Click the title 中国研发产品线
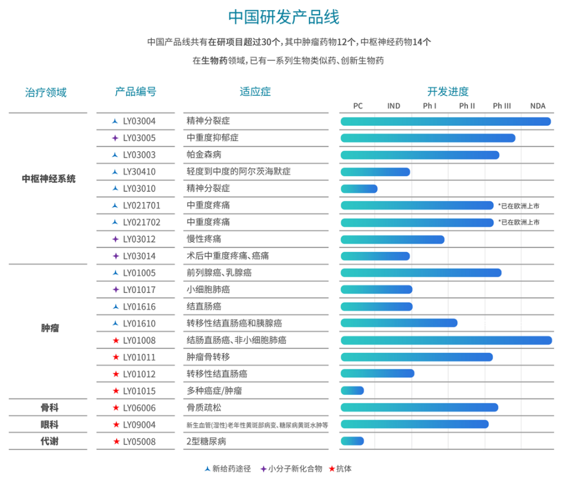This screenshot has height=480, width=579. (x=284, y=17)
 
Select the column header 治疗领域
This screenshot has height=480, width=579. (x=46, y=92)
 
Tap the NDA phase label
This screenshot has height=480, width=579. (x=537, y=106)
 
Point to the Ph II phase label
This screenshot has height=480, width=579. (x=467, y=106)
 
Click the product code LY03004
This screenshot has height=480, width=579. (x=139, y=121)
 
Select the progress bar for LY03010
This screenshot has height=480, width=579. (x=359, y=189)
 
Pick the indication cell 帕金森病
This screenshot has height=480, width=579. (x=204, y=155)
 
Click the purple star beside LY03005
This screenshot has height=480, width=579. (x=115, y=138)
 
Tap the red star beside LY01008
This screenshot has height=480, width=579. (x=116, y=341)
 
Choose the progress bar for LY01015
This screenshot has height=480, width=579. (x=352, y=391)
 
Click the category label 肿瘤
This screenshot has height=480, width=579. (x=49, y=328)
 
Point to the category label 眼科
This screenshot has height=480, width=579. (x=49, y=424)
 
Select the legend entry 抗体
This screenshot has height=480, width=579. (x=343, y=469)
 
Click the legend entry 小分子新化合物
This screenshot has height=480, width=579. (x=295, y=469)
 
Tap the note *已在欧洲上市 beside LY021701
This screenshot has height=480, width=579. (x=518, y=206)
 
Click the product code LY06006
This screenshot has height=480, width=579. (x=139, y=408)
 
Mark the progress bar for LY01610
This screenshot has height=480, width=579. (x=399, y=324)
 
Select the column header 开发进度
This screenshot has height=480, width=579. (x=448, y=92)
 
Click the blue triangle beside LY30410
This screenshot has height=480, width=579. (x=115, y=172)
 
